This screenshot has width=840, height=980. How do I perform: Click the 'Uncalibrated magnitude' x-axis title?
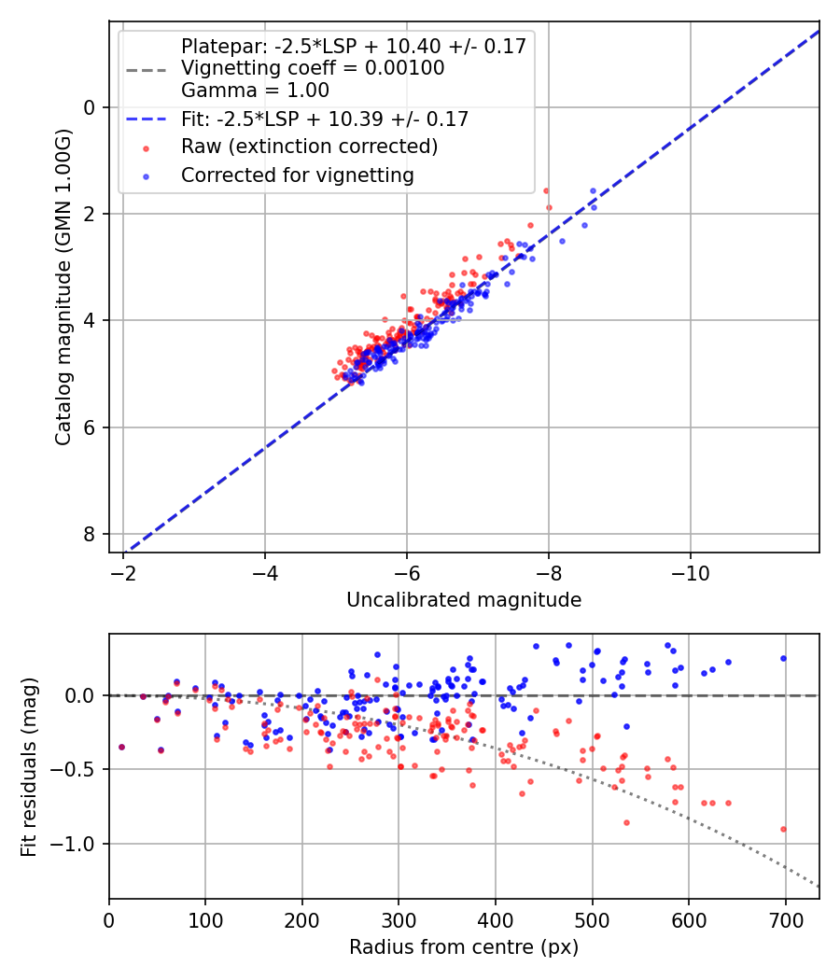[x=464, y=600]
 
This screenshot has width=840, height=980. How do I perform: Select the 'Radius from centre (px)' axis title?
[x=464, y=947]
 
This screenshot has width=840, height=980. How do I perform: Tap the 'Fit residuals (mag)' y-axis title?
[x=29, y=766]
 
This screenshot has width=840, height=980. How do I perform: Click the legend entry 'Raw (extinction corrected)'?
[x=309, y=147]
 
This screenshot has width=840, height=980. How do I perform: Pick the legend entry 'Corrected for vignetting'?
[x=297, y=175]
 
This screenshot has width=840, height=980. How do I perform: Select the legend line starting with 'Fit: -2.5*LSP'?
[x=325, y=119]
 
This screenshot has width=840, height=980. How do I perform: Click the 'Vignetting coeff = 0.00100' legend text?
[x=313, y=68]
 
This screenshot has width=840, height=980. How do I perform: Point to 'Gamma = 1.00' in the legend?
[x=255, y=91]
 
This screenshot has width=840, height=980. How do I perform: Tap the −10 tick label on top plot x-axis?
[x=690, y=569]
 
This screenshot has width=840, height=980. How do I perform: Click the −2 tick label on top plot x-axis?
[x=123, y=569]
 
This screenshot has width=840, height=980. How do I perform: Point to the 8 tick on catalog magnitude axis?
[x=90, y=534]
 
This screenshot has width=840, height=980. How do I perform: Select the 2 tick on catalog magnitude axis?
[x=90, y=214]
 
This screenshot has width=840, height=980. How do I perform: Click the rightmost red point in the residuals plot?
[x=783, y=829]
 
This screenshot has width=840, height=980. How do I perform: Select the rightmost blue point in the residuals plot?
[x=783, y=658]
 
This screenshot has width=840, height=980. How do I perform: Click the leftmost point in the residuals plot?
[x=121, y=747]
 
